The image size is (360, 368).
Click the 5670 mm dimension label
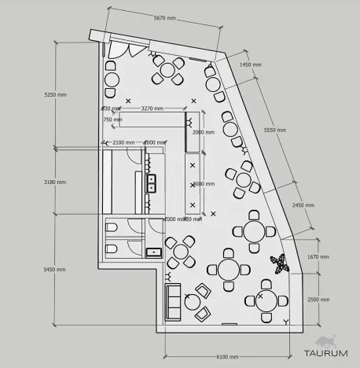[x=164, y=17]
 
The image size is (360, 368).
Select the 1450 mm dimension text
[x=250, y=64]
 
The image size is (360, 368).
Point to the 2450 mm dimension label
[x=303, y=205]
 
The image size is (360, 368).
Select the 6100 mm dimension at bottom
[x=227, y=356]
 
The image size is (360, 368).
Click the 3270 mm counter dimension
[x=152, y=108]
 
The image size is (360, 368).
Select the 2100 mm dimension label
[x=123, y=142]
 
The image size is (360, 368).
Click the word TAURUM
[x=325, y=330]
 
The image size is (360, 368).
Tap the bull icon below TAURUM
[x=325, y=344]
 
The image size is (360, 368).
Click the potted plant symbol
[x=280, y=264]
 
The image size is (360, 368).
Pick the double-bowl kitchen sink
[x=151, y=184]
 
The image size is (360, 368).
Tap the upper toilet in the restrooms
[x=111, y=228]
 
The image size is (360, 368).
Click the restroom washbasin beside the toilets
[x=154, y=252]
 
